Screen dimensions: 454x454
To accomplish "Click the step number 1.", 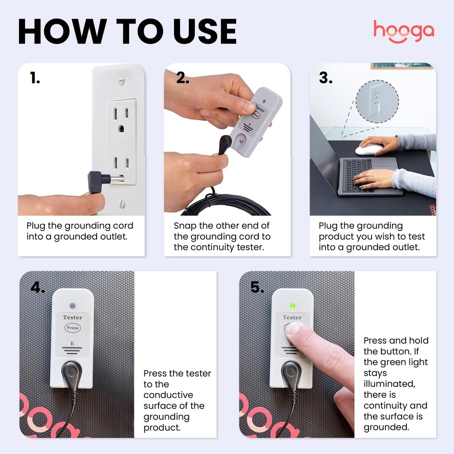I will tap(35, 79).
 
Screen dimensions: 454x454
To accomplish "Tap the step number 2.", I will tap(183, 79).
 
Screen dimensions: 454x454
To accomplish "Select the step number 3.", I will tap(326, 78).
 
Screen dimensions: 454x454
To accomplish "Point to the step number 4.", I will tap(38, 287).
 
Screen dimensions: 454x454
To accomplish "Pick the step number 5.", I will tap(257, 287).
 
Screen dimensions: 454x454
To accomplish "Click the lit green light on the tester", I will tap(292, 306).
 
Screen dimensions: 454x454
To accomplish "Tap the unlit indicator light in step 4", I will tap(73, 306).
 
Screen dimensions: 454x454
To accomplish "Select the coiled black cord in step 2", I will tap(227, 204).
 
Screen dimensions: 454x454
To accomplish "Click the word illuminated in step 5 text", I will tap(389, 384).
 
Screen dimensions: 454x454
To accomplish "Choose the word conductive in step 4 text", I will tap(168, 395).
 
